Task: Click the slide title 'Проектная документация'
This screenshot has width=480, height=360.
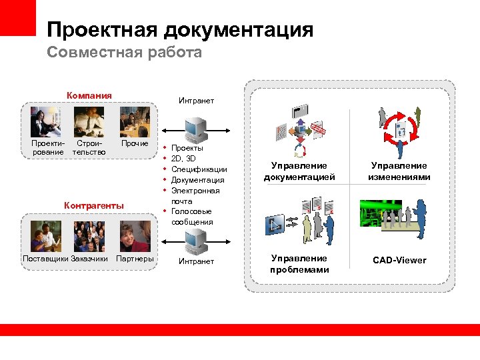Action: (x=180, y=29)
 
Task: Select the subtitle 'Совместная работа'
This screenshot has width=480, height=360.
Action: (x=124, y=53)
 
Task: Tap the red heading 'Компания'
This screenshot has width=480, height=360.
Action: (x=89, y=95)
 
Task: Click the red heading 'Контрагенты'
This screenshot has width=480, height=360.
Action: (x=93, y=205)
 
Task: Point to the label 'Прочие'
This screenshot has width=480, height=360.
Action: (x=135, y=143)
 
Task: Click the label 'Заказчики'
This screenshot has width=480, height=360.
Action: (x=89, y=258)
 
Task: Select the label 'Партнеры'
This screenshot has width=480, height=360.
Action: (x=135, y=258)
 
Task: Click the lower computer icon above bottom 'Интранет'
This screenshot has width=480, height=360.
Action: (x=196, y=239)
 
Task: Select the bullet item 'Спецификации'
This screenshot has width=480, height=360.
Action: (x=199, y=169)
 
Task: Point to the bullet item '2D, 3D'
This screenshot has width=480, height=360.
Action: (x=183, y=159)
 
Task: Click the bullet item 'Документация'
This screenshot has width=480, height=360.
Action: (x=197, y=180)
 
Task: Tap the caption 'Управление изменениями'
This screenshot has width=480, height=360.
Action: (x=399, y=171)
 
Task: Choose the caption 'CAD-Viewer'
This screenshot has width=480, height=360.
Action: (x=399, y=260)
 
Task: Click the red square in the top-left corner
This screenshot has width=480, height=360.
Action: (x=17, y=17)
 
